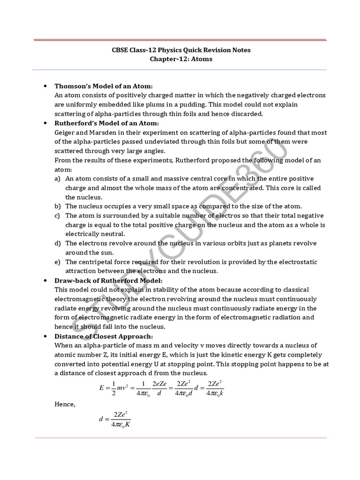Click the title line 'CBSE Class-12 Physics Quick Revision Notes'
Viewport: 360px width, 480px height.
(180, 50)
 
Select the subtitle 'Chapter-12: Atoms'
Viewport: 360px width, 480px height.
(180, 59)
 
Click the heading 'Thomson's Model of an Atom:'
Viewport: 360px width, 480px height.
(104, 86)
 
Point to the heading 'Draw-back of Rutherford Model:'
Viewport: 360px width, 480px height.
(109, 280)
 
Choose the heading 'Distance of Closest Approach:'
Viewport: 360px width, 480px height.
(104, 336)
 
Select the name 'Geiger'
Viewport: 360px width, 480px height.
(66, 133)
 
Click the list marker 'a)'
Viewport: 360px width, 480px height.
(58, 179)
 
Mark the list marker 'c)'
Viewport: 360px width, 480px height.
(58, 216)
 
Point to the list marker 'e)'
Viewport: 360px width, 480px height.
(58, 262)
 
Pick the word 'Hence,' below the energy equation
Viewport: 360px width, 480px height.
(65, 404)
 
